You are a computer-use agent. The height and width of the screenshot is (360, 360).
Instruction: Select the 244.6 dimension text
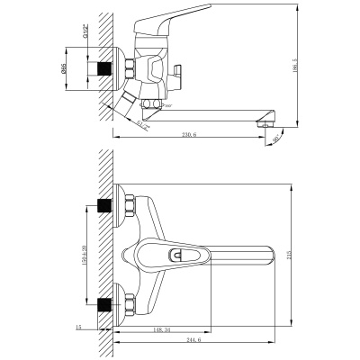[193, 340]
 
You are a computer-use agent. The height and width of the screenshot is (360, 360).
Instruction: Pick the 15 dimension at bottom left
[79, 328]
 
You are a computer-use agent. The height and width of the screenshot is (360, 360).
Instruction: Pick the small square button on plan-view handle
[181, 257]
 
